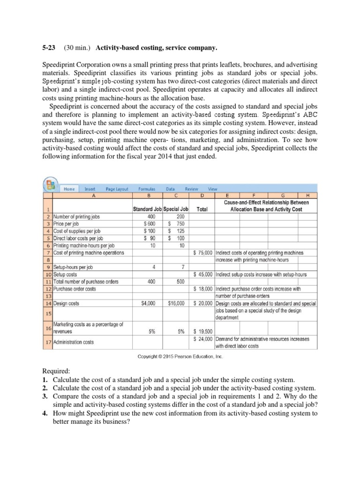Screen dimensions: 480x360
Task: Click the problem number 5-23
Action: coord(46,47)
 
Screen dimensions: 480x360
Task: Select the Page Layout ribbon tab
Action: coord(117,189)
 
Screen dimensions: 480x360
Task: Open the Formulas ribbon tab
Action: coord(148,189)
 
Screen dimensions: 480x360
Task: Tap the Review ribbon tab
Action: coord(192,189)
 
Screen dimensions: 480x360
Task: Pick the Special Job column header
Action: coord(176,209)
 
